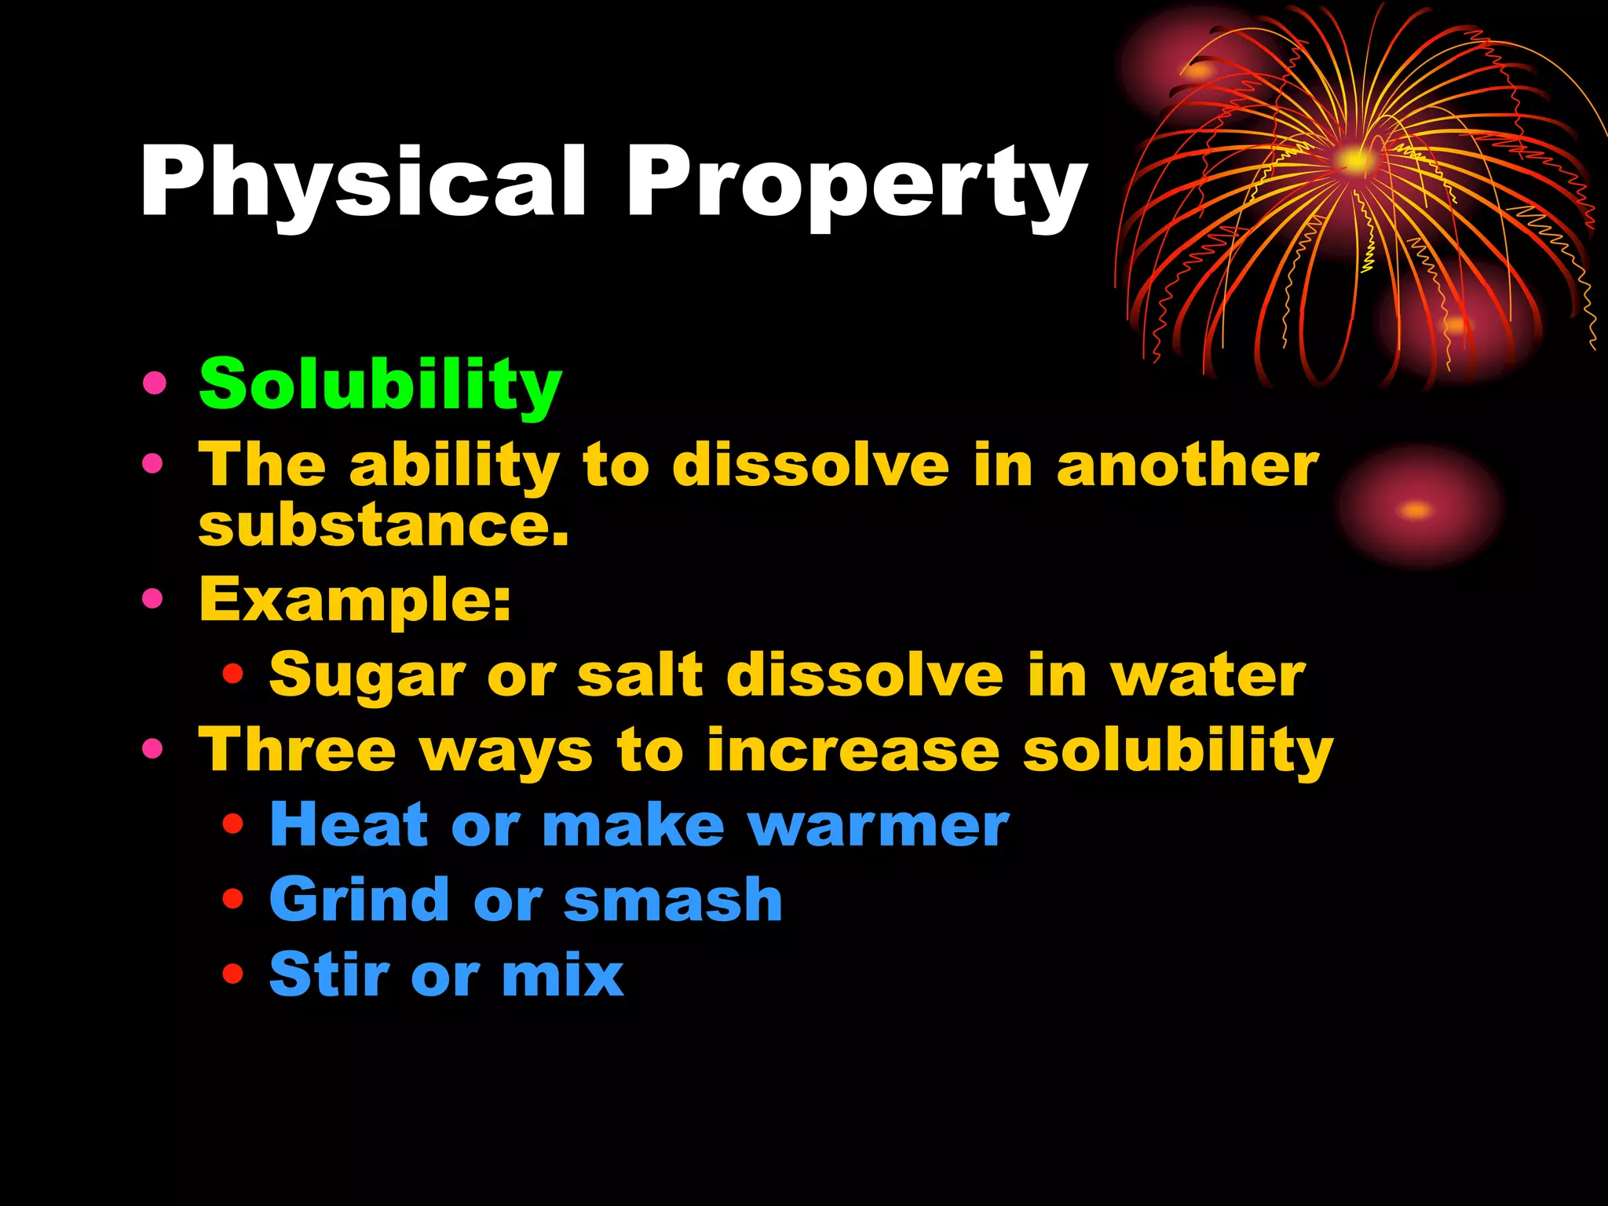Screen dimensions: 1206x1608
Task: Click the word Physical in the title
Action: tap(363, 182)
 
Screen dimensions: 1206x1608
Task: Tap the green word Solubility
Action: tap(380, 385)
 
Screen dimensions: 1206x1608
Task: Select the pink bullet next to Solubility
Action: tap(155, 383)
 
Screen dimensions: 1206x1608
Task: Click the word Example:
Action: tap(355, 600)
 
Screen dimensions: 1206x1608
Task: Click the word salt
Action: tap(640, 675)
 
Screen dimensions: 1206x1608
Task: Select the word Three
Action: tap(297, 750)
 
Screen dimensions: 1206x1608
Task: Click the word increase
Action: tap(853, 750)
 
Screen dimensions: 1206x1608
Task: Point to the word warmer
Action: tap(878, 826)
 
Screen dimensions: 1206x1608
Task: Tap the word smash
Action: tap(673, 900)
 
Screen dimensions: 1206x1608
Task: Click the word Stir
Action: tap(329, 974)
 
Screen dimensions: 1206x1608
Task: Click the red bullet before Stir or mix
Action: tap(233, 974)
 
